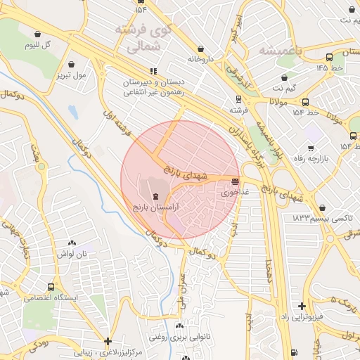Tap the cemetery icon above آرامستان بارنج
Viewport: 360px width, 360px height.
[155, 196]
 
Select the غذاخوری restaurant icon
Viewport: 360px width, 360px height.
[233, 180]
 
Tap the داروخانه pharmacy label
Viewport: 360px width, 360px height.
[200, 60]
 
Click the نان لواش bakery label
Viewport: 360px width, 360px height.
[72, 252]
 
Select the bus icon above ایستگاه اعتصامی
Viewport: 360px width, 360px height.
[51, 287]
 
